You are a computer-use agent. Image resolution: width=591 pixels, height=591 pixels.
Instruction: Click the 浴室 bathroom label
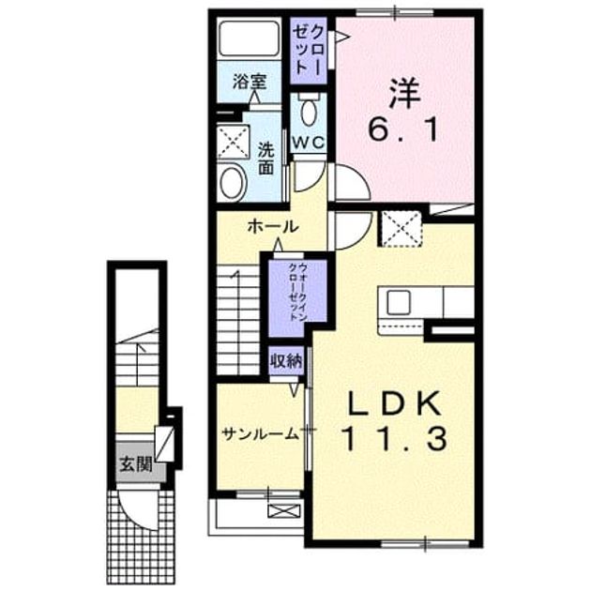point(250,82)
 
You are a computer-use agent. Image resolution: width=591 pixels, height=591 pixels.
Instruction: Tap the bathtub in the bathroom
point(250,38)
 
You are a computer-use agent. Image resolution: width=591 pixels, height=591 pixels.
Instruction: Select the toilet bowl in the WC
point(309,110)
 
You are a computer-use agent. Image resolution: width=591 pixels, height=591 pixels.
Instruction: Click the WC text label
point(309,143)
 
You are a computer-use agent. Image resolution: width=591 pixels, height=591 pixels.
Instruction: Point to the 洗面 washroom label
point(265,159)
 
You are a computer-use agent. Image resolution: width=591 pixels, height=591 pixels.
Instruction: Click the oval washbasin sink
point(234,182)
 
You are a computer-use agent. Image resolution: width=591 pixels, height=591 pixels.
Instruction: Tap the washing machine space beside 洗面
point(234,142)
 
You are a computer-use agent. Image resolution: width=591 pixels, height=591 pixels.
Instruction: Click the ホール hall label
point(273,227)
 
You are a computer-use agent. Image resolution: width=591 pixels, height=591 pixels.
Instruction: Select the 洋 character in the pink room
point(404,91)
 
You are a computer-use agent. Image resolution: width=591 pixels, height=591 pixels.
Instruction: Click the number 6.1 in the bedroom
point(403,129)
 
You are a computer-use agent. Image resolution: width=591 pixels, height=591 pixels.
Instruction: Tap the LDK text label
point(394,403)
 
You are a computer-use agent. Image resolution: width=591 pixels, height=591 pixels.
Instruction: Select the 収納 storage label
point(286,361)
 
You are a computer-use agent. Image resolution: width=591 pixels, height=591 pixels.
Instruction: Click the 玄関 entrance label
point(136,464)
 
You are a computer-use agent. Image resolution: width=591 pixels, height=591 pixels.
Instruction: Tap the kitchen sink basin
point(399,302)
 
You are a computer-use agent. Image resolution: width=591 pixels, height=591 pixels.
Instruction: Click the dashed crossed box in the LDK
point(402,229)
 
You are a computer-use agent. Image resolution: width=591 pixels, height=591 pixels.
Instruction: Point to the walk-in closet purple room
point(297,297)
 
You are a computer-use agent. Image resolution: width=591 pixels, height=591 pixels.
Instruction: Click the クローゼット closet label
point(309,50)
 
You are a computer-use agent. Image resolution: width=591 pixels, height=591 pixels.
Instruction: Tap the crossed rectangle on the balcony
point(284,510)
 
